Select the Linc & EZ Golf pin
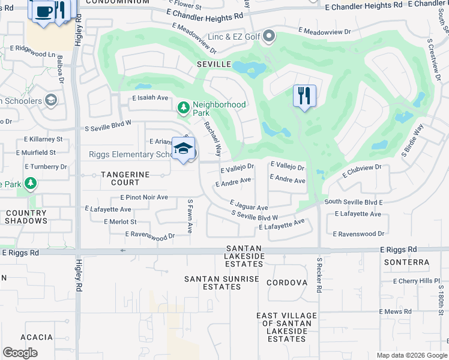(x=269, y=37)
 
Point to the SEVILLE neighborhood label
(x=214, y=64)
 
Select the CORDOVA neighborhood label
(x=287, y=283)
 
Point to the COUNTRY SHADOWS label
(x=26, y=217)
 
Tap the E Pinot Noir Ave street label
(x=144, y=197)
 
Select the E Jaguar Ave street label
(x=249, y=206)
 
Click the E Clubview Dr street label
(x=362, y=172)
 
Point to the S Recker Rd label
(x=319, y=276)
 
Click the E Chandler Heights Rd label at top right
(x=363, y=5)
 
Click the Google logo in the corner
(x=20, y=353)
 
